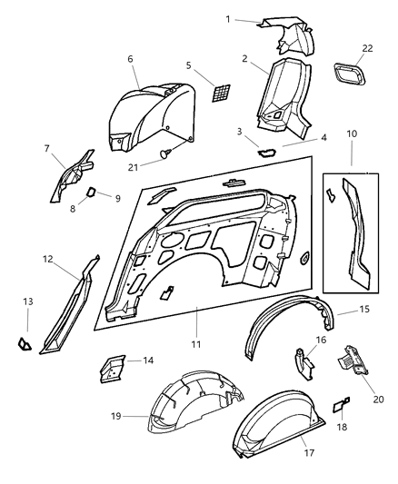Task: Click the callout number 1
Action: [229, 19]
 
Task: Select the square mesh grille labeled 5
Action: [221, 94]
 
